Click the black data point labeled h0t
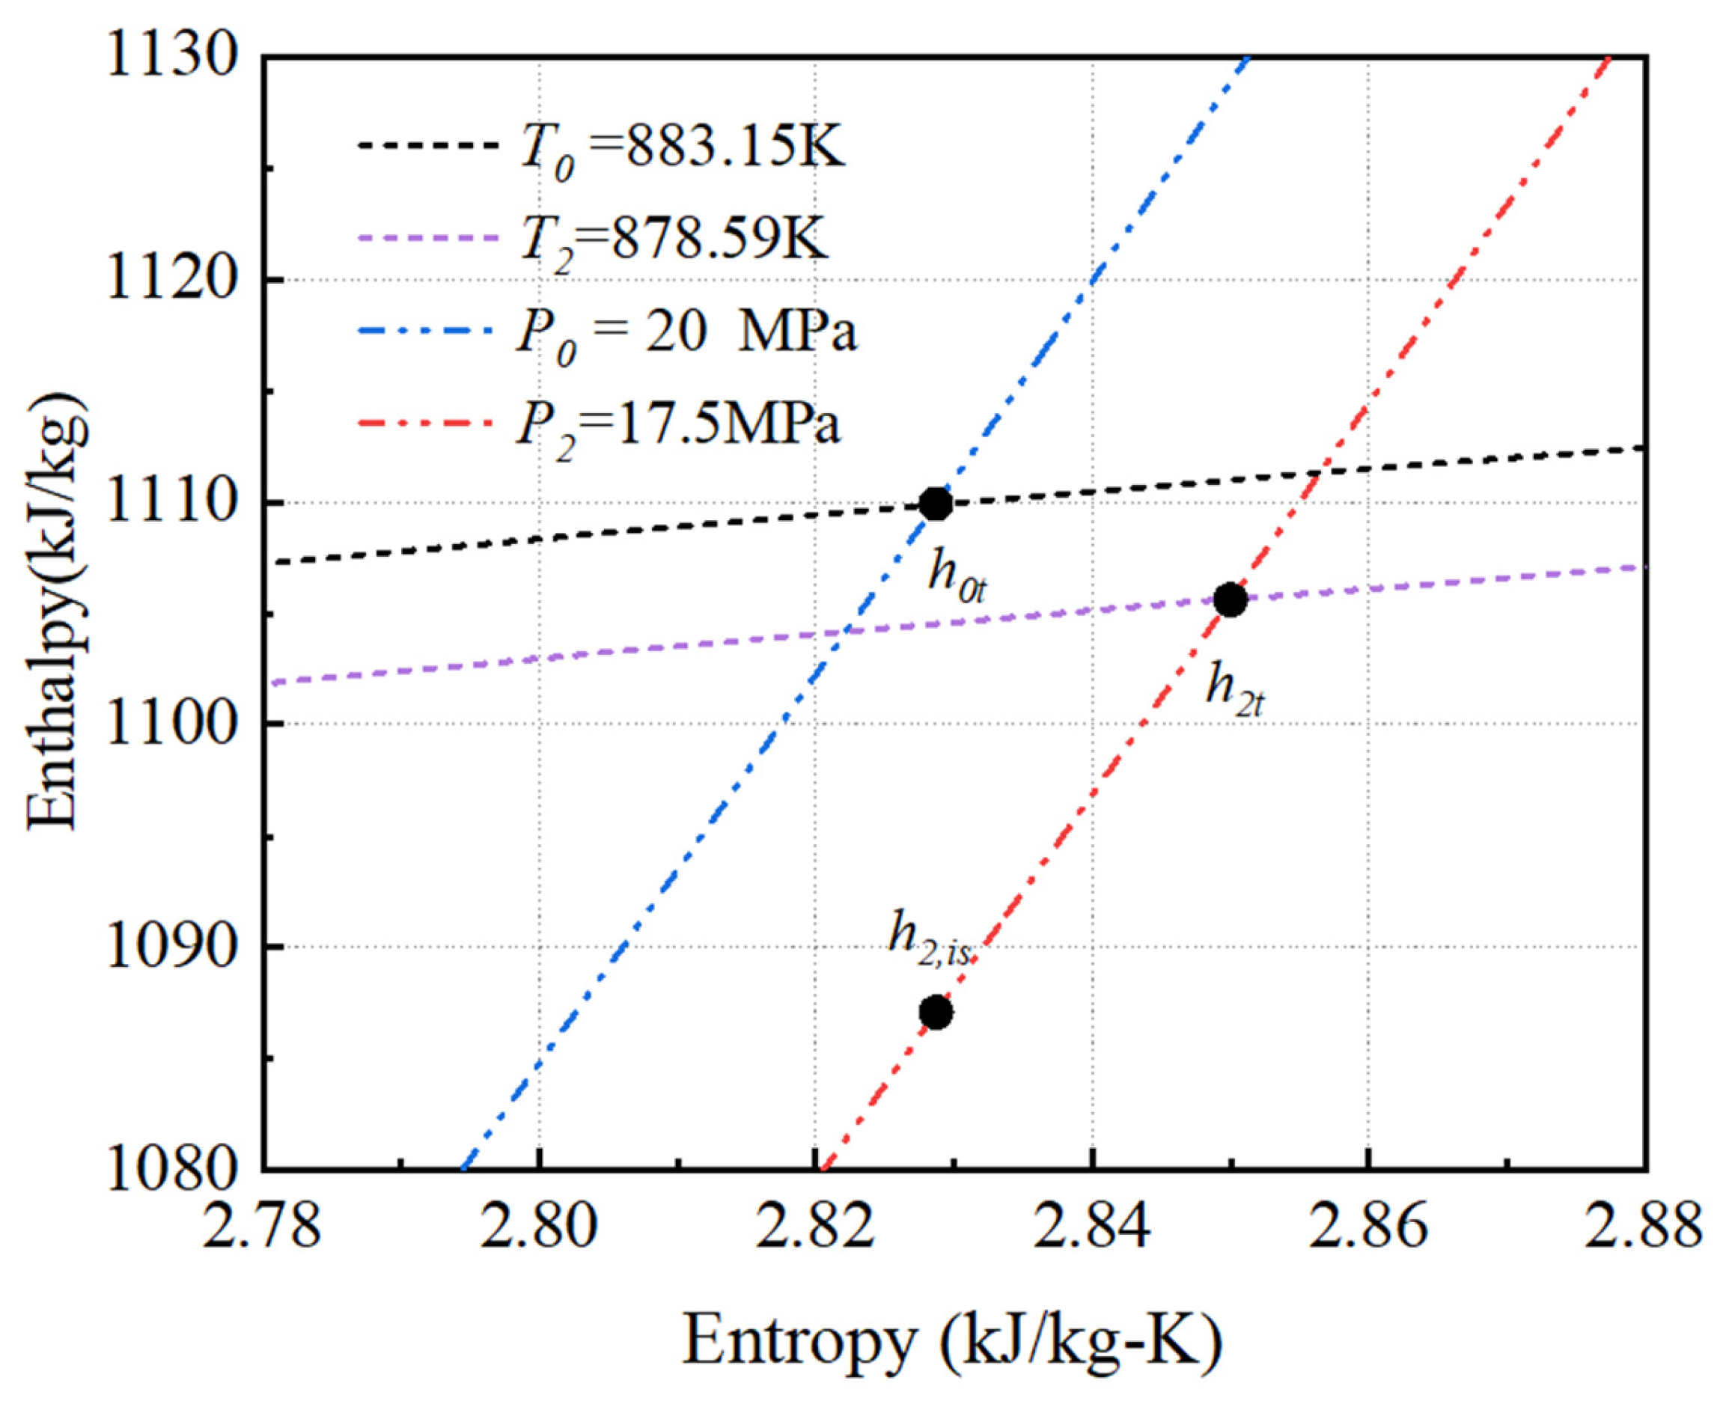pos(936,504)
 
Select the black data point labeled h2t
pos(1231,600)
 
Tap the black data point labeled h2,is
pos(936,1013)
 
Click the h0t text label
pos(957,579)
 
